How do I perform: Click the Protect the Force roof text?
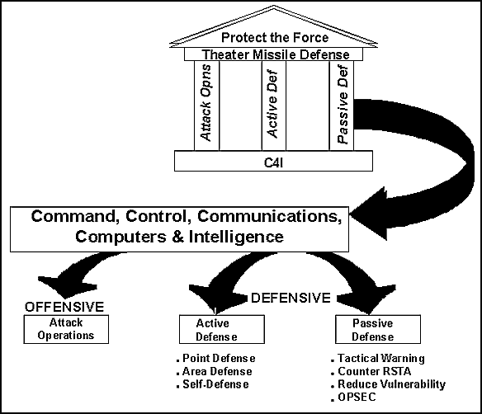275,37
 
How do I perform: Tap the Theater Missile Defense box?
273,54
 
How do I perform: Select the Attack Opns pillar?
206,106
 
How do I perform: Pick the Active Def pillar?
274,106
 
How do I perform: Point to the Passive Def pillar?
342,106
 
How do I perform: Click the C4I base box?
273,161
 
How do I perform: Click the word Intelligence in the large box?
236,237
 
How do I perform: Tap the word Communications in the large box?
269,216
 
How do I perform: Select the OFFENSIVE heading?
64,307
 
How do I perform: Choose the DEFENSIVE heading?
291,298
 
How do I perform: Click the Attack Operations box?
66,329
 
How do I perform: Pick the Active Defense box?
222,329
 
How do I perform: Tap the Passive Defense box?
378,329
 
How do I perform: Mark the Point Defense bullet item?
215,359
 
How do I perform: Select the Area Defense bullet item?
215,372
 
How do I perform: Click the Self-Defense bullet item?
213,384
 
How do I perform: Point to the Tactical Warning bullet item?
378,359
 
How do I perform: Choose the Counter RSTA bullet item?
371,372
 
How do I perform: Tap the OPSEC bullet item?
353,398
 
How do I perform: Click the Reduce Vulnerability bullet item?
388,384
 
